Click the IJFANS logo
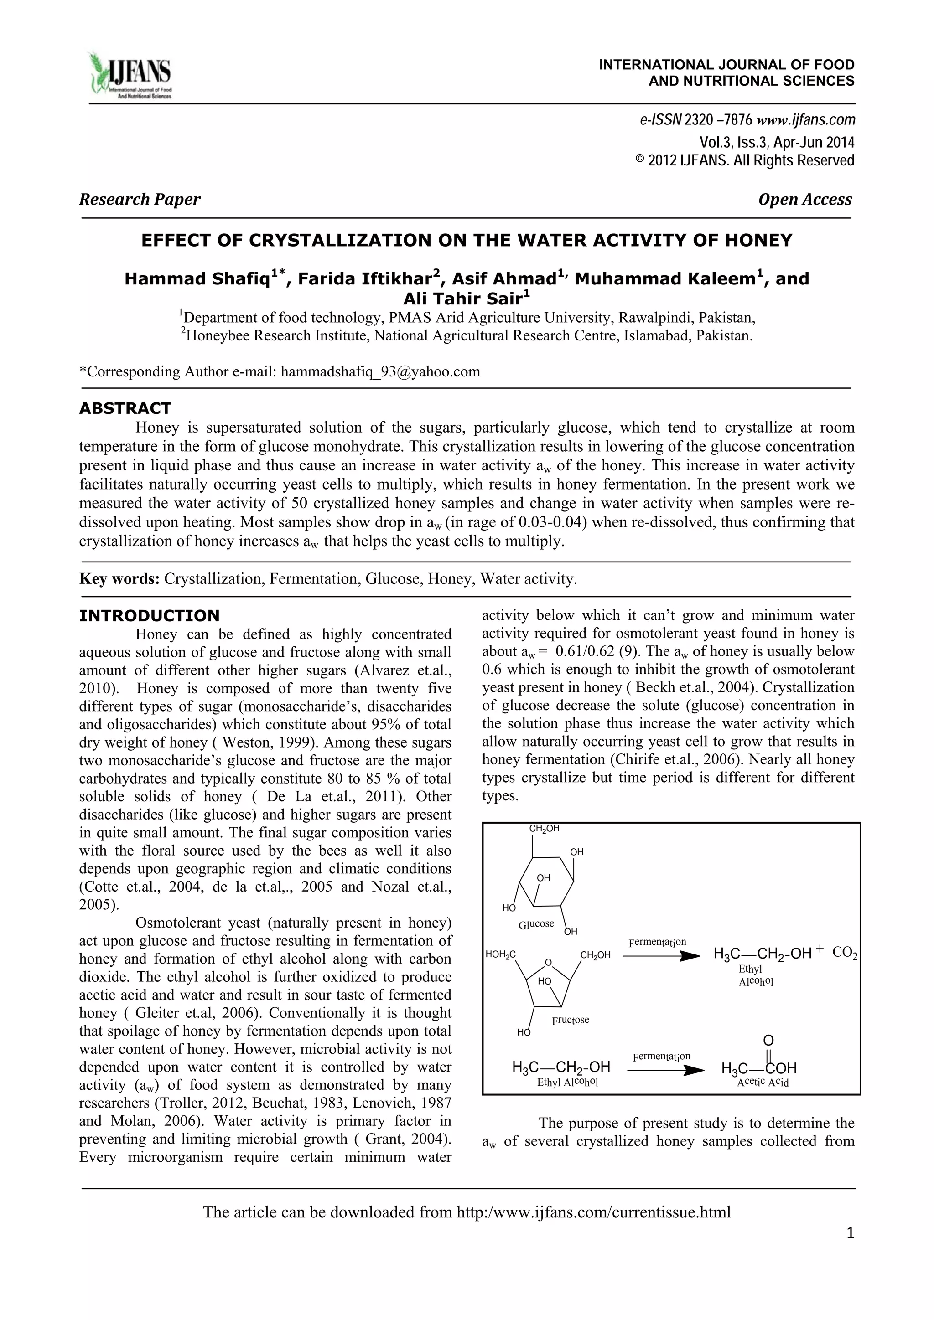click(130, 75)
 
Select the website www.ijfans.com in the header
click(806, 120)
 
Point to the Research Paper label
click(140, 200)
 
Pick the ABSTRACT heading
click(125, 408)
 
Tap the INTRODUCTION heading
click(149, 616)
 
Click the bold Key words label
click(119, 579)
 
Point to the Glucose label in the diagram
click(536, 924)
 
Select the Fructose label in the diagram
click(570, 1020)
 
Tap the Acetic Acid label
click(763, 1083)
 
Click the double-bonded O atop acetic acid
click(768, 1040)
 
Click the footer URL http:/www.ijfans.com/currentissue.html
click(593, 1212)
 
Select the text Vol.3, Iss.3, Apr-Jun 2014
click(776, 142)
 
